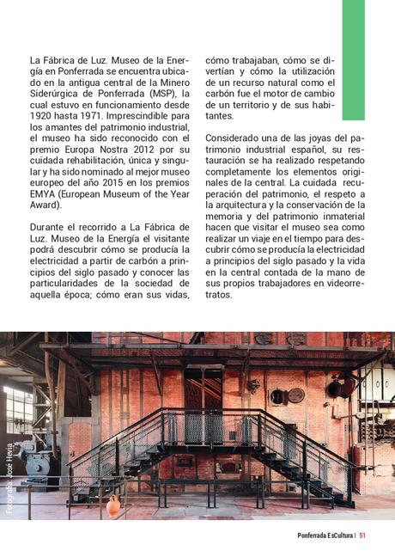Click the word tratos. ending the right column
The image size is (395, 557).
pyautogui.click(x=220, y=295)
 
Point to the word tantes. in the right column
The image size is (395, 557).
pyautogui.click(x=220, y=116)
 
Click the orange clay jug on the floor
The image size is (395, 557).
pyautogui.click(x=113, y=506)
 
